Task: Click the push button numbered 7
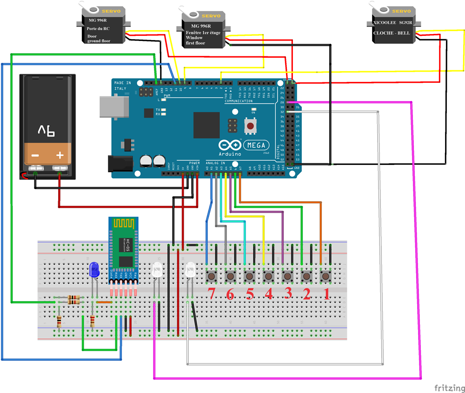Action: point(212,277)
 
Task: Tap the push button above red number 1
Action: point(325,277)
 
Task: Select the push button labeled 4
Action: point(268,277)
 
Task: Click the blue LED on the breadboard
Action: point(93,270)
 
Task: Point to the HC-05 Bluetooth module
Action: point(124,251)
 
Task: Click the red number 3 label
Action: point(288,294)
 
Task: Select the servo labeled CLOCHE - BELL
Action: point(393,27)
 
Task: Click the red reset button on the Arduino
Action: point(251,125)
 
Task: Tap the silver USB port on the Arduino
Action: point(113,107)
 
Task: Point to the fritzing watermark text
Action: point(449,387)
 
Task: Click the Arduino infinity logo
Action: point(229,145)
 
